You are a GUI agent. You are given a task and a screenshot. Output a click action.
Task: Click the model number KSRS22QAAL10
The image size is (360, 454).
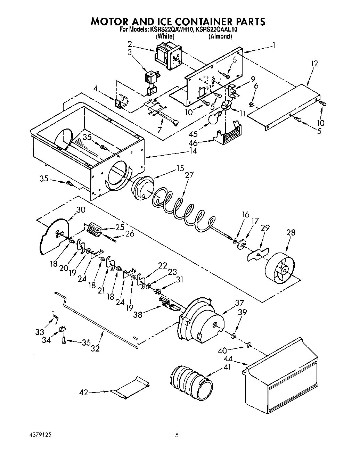(x=216, y=30)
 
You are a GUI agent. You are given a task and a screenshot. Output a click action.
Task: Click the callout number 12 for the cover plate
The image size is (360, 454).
(x=314, y=64)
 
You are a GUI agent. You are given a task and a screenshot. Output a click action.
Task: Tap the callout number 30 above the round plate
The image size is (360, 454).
(x=81, y=210)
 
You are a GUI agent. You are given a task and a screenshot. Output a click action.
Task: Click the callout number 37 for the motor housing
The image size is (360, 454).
(x=239, y=303)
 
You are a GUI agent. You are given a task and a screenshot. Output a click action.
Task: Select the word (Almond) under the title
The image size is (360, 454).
(x=220, y=36)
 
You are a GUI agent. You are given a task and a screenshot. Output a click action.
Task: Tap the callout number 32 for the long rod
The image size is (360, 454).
(x=95, y=348)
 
